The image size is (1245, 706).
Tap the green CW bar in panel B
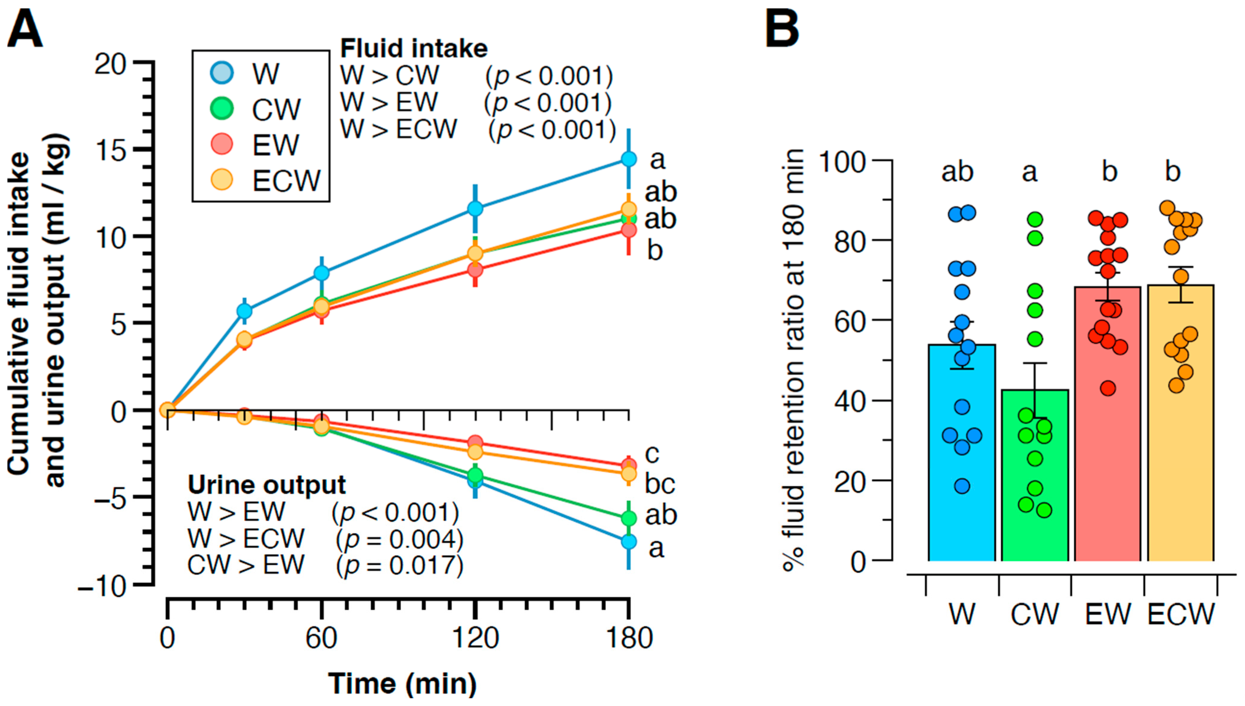point(1035,475)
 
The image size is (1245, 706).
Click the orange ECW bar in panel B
point(1181,423)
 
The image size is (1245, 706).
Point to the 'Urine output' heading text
point(267,485)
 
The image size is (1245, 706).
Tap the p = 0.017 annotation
point(400,565)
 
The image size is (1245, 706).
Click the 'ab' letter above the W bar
point(957,172)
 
